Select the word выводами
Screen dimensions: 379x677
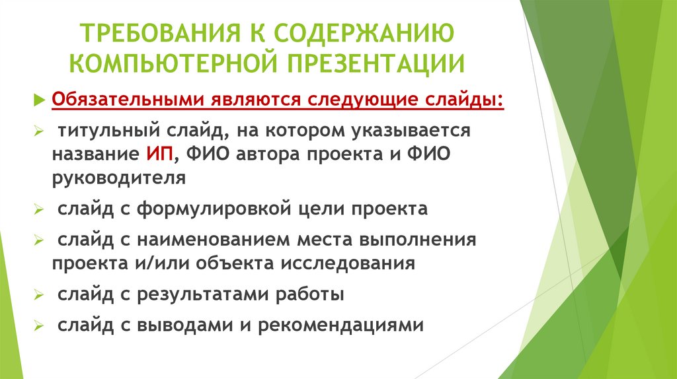(189, 325)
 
